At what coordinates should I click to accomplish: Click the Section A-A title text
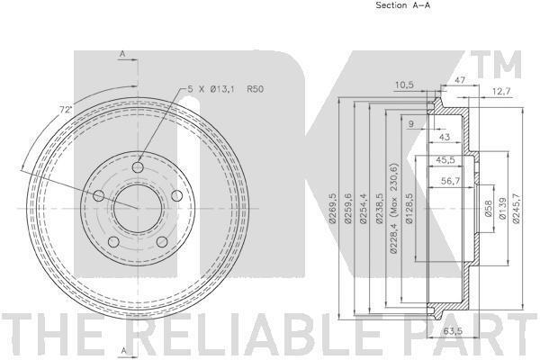pyautogui.click(x=402, y=5)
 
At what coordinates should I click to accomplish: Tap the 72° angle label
pyautogui.click(x=66, y=110)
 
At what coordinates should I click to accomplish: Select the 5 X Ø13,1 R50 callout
pyautogui.click(x=226, y=89)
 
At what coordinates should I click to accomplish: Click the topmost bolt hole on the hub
pyautogui.click(x=138, y=167)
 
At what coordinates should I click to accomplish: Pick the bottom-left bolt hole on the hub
pyautogui.click(x=113, y=241)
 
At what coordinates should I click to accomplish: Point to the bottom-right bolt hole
pyautogui.click(x=162, y=241)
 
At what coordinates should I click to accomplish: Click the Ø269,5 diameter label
pyautogui.click(x=332, y=209)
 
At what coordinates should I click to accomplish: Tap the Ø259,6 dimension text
pyautogui.click(x=347, y=209)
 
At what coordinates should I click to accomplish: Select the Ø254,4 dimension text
pyautogui.click(x=364, y=209)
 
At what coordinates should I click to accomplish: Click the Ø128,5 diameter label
pyautogui.click(x=409, y=209)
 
